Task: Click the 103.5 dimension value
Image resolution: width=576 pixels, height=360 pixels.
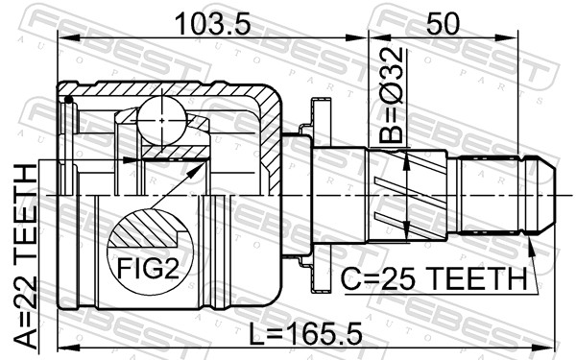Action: pyautogui.click(x=213, y=23)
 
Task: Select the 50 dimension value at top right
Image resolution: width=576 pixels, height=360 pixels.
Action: pyautogui.click(x=443, y=23)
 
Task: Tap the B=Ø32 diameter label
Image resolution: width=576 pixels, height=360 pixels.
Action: pyautogui.click(x=392, y=95)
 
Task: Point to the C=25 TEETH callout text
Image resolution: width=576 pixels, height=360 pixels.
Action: pyautogui.click(x=434, y=278)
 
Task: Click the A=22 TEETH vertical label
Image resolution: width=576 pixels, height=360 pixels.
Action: pyautogui.click(x=25, y=256)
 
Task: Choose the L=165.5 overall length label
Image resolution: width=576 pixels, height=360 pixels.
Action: pyautogui.click(x=305, y=333)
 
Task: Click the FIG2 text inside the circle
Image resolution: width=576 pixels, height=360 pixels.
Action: pyautogui.click(x=148, y=268)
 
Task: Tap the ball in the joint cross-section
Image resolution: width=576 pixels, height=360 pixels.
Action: pyautogui.click(x=162, y=120)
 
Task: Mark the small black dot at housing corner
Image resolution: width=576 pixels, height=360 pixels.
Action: pyautogui.click(x=68, y=100)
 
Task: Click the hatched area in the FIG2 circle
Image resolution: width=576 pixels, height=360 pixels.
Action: pyautogui.click(x=145, y=228)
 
